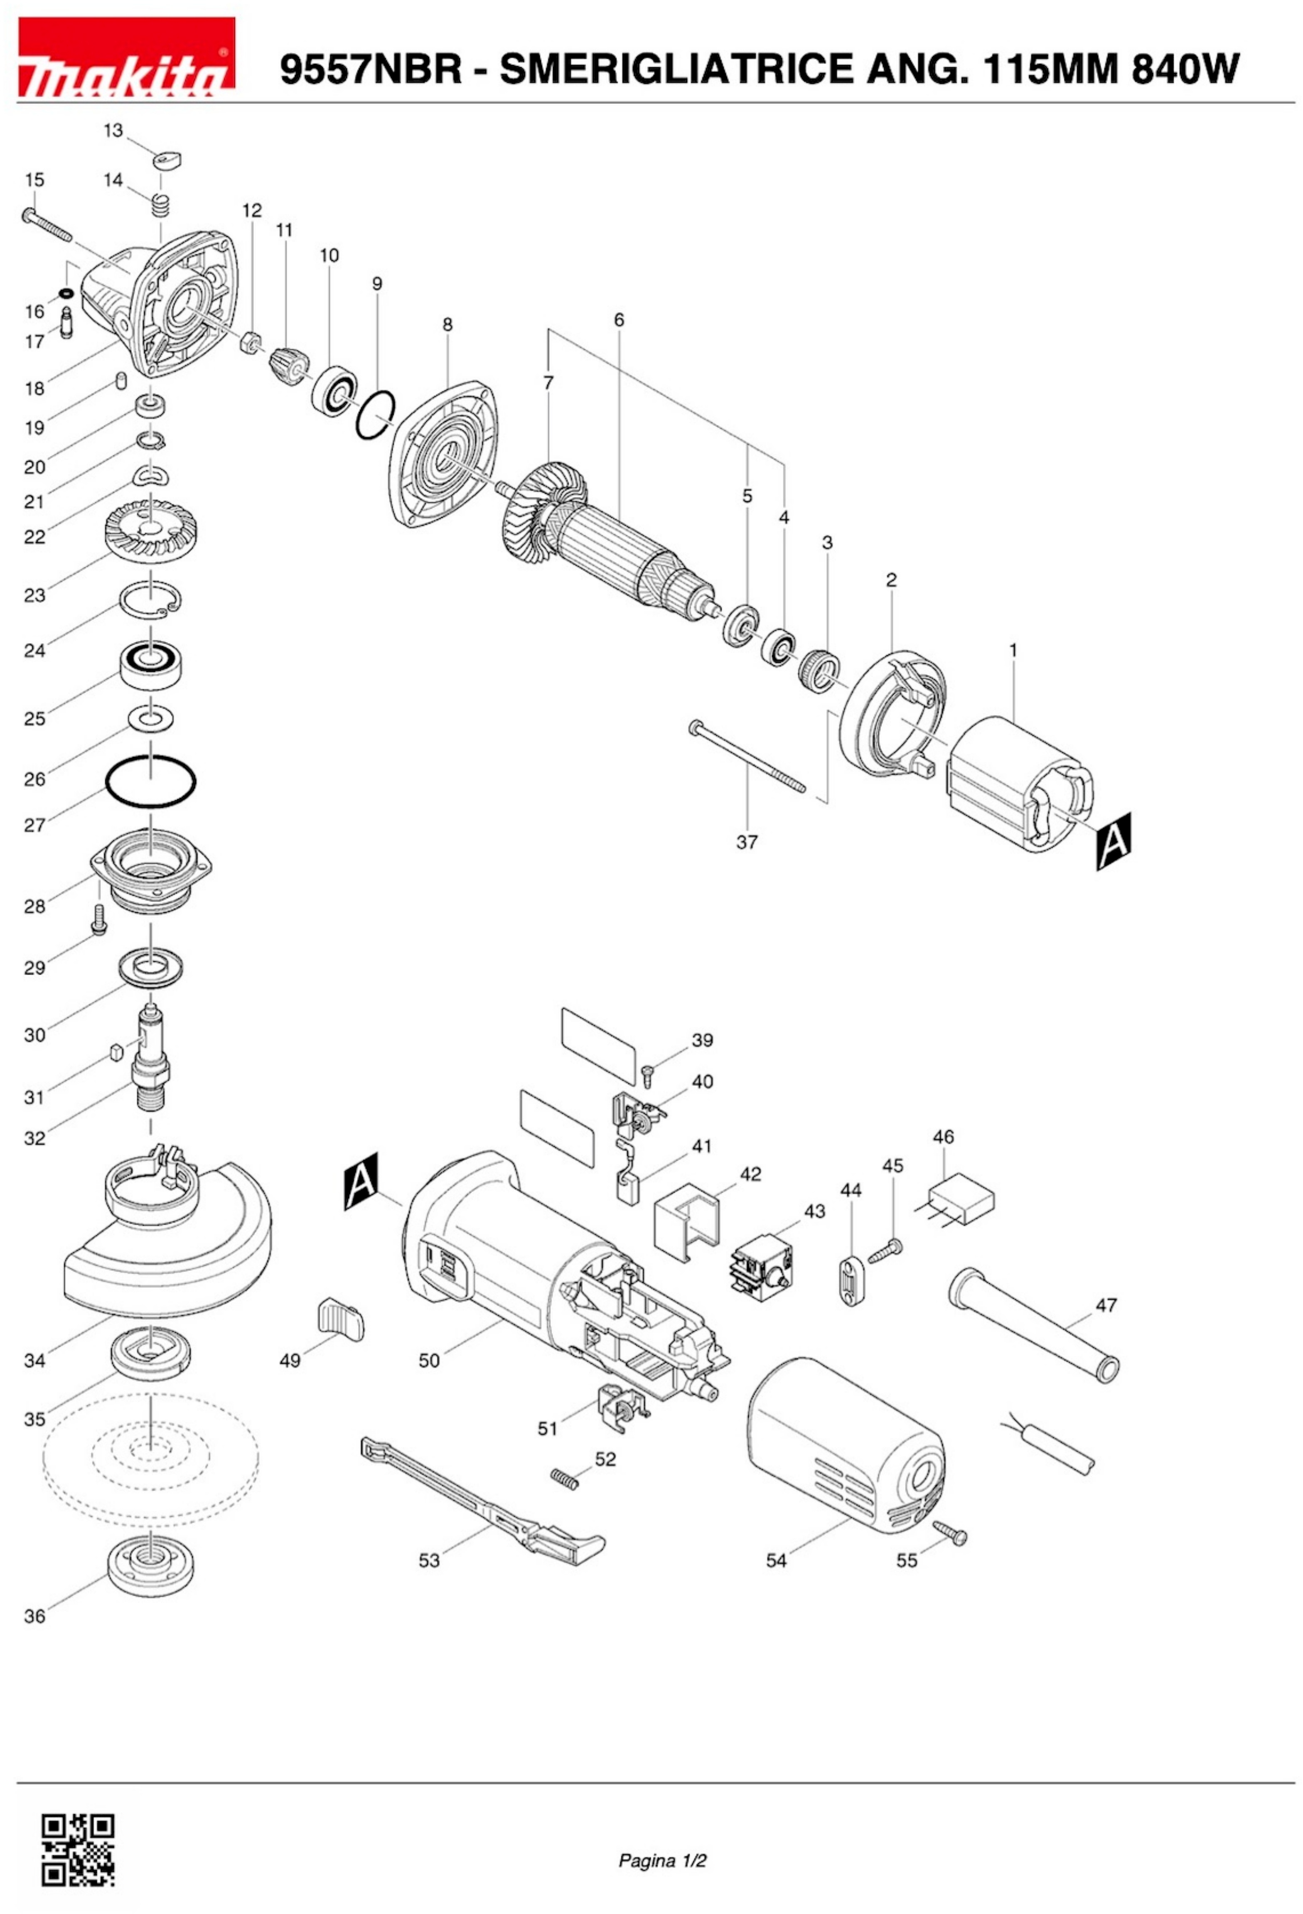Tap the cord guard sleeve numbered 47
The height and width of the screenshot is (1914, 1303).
1034,1327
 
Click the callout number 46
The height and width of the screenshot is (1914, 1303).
943,1137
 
